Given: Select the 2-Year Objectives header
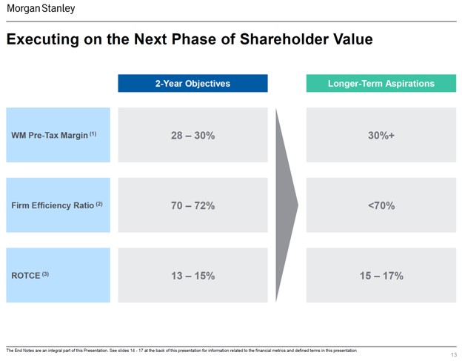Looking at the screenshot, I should pyautogui.click(x=192, y=84).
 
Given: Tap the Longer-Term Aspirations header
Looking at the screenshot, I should pyautogui.click(x=381, y=84).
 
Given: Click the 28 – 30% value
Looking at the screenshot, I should pyautogui.click(x=192, y=136).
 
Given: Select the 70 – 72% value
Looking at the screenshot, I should pyautogui.click(x=192, y=205).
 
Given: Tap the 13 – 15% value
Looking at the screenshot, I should pyautogui.click(x=192, y=276).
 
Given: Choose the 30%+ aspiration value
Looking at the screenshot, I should pyautogui.click(x=381, y=136).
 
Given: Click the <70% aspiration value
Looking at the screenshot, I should pyautogui.click(x=381, y=205).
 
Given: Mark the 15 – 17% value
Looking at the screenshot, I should pyautogui.click(x=381, y=276).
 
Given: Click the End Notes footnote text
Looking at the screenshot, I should pyautogui.click(x=181, y=350).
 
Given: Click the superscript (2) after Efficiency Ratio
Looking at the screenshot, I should pyautogui.click(x=98, y=204).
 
